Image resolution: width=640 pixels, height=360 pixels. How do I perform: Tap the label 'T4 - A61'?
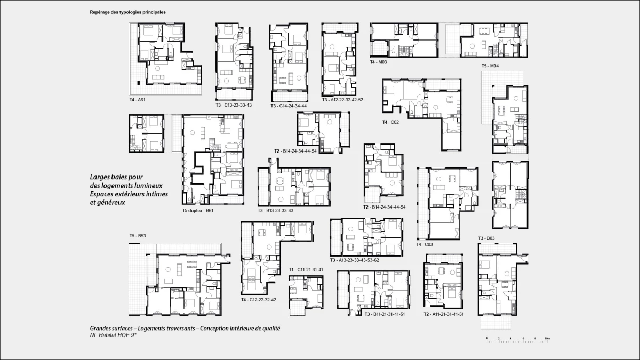coord(139,100)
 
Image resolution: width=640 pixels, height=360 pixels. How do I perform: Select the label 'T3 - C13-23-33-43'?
coord(234,105)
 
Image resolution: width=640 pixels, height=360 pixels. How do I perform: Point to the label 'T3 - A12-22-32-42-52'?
coord(342,100)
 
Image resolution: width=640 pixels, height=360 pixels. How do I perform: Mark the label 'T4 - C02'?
coord(390,122)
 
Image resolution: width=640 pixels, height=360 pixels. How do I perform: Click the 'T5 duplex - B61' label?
coord(198,211)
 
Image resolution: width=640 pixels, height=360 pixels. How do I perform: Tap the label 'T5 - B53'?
coord(138,236)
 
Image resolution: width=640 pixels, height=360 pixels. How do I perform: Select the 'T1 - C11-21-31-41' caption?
coord(306,270)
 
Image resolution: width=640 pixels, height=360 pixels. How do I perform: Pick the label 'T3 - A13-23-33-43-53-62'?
coord(354,260)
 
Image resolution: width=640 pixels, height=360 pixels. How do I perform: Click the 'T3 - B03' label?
coord(486,238)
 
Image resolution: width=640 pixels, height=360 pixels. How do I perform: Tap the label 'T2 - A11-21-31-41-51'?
coord(443,314)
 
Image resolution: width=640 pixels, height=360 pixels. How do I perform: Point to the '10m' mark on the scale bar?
coord(548,339)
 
